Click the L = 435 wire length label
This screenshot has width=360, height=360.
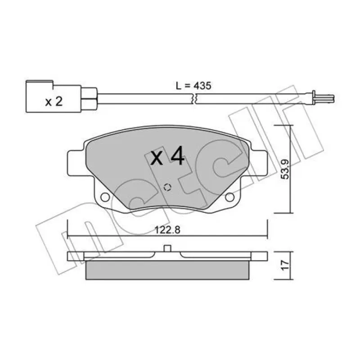click(x=193, y=86)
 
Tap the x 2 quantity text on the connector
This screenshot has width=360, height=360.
click(x=54, y=101)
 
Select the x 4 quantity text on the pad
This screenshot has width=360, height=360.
click(x=167, y=156)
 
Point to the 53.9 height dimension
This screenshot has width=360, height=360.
click(x=285, y=169)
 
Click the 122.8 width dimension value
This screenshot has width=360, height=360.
click(x=167, y=230)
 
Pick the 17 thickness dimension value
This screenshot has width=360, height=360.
click(x=285, y=265)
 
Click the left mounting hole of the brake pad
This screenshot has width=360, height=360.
click(x=105, y=197)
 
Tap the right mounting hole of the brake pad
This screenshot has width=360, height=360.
click(x=229, y=197)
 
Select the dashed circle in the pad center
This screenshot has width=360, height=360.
click(x=167, y=188)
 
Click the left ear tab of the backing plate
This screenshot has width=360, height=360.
click(x=76, y=163)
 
